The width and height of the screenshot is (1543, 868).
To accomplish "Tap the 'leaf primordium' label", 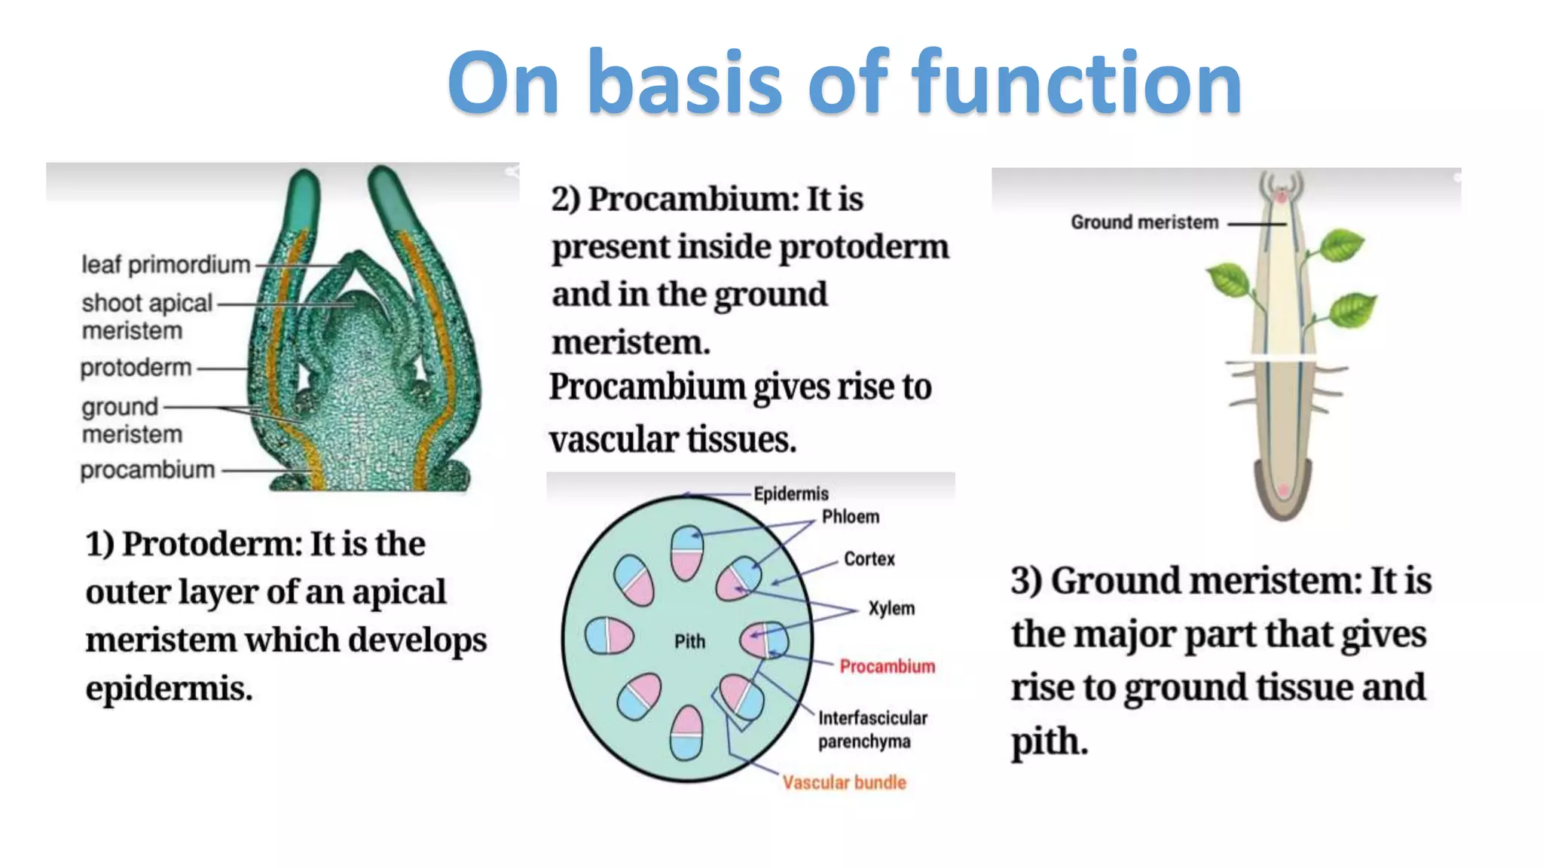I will [166, 264].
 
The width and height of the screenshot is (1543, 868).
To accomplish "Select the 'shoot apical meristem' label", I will [146, 316].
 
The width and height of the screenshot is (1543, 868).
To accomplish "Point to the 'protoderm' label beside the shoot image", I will [136, 368].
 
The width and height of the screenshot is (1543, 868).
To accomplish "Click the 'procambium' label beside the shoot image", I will [148, 470].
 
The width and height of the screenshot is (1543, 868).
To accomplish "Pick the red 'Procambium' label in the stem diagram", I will [887, 666].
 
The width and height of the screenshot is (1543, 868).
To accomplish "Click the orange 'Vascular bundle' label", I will [844, 782].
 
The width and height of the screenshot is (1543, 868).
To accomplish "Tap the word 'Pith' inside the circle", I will [689, 641].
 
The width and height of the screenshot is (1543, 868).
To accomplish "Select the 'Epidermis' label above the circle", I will [790, 494].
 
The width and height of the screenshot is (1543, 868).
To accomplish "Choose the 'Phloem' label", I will [850, 517].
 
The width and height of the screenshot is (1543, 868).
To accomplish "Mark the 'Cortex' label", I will [869, 559].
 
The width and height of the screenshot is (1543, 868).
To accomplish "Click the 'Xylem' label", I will [891, 608].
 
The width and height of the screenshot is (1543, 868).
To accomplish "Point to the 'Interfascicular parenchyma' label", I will [872, 729].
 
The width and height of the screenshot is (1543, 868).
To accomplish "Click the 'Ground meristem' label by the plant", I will [1144, 222].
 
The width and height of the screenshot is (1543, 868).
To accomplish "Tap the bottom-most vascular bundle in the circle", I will [686, 733].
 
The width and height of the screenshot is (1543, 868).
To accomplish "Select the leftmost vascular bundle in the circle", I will [609, 635].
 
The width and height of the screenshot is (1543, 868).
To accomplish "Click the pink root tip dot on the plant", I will [1283, 491].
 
